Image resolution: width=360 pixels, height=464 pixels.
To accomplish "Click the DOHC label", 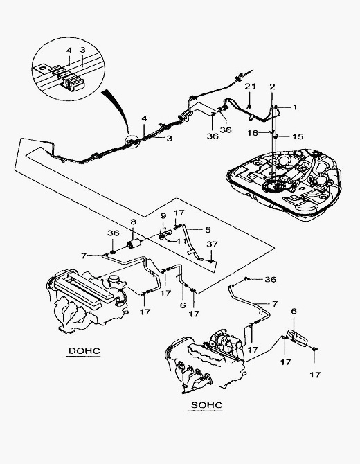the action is (84, 351).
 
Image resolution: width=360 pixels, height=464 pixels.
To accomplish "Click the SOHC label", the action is (206, 405).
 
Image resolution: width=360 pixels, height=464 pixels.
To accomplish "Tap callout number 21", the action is (250, 87).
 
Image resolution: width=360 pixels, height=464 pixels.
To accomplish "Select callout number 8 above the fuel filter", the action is (133, 222).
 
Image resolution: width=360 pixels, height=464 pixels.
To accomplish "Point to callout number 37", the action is (212, 244).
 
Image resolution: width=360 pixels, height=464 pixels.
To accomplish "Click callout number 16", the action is (253, 133).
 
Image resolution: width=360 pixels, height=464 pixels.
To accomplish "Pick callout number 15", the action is (298, 136).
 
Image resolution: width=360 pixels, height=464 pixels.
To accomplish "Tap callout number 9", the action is (163, 215).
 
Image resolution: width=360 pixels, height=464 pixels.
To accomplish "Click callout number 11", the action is (181, 241).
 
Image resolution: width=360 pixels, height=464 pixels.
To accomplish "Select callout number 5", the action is (208, 230).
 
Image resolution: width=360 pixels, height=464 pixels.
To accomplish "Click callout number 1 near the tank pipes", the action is (295, 107).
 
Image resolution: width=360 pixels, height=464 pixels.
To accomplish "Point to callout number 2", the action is (272, 87).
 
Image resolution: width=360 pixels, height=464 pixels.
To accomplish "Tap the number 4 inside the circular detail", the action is (69, 51).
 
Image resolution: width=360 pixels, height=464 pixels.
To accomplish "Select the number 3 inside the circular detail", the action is (82, 49).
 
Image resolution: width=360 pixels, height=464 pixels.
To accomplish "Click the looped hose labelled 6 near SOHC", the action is (298, 337).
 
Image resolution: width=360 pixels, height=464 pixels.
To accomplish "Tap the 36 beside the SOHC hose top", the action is (271, 279).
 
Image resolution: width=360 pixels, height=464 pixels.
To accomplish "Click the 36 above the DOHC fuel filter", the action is (114, 233).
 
